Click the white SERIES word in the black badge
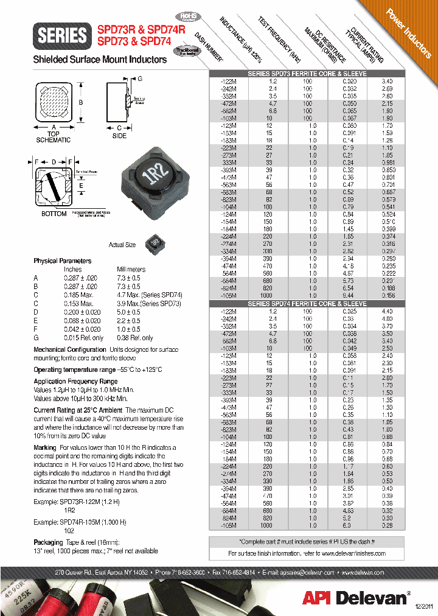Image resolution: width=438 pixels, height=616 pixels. [x=63, y=35]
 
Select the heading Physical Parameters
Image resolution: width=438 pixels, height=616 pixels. [x=63, y=261]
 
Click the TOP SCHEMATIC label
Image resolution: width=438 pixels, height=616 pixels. [x=54, y=136]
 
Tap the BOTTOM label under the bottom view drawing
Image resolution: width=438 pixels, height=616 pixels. [x=54, y=214]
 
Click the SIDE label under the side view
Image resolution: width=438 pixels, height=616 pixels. [x=119, y=136]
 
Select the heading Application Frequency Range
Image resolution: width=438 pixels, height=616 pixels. [x=75, y=382]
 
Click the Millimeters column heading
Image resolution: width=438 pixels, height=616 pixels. [x=131, y=269]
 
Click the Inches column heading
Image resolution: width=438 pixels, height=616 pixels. [x=72, y=269]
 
